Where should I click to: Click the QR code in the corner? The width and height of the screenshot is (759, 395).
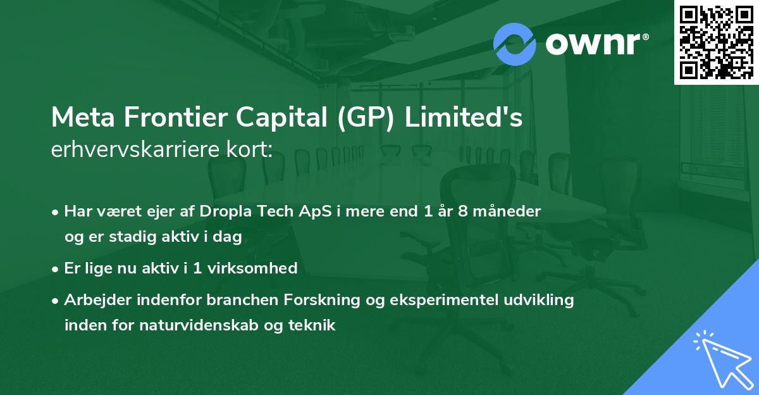(x=716, y=42)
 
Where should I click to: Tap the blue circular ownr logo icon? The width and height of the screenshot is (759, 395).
(x=514, y=44)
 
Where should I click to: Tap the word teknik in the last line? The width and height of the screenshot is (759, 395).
(x=312, y=325)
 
